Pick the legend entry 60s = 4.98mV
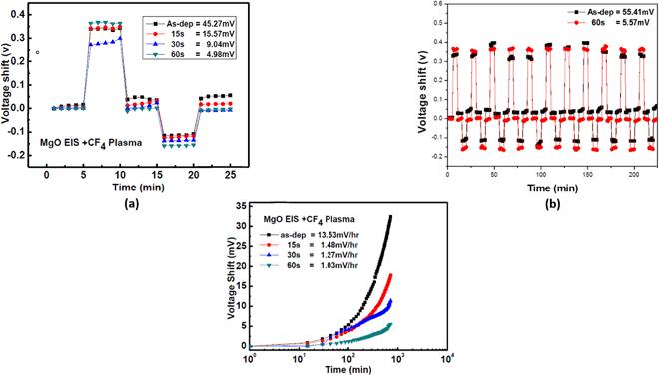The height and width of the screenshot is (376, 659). (199, 56)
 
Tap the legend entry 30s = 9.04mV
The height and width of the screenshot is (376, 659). (199, 45)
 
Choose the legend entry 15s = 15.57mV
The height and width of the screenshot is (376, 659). (199, 33)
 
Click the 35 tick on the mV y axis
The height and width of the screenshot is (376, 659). (237, 205)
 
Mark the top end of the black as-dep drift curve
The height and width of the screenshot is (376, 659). (390, 216)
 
